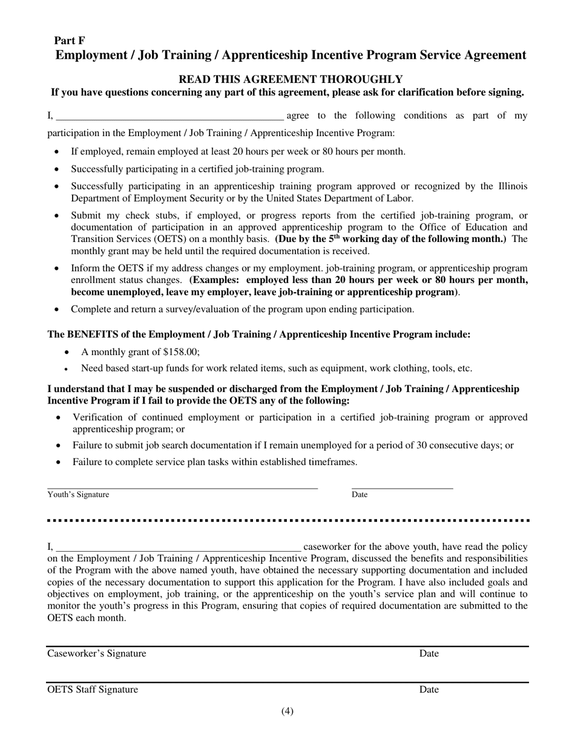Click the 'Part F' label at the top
70,41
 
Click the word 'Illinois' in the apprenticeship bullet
511,186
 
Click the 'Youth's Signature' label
79,495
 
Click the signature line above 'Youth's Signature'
182,488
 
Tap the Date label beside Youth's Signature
360,495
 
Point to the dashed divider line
288,520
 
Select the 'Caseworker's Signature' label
97,654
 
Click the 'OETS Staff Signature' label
93,690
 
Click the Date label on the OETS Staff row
429,690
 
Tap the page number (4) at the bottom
287,712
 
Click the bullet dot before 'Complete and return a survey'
57,310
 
